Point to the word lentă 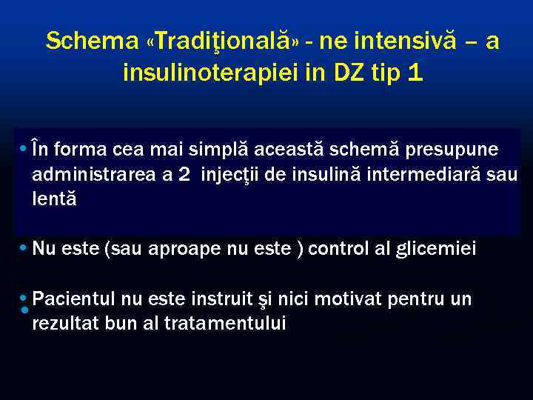click(54, 199)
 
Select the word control click(341, 249)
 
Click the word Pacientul click(75, 299)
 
